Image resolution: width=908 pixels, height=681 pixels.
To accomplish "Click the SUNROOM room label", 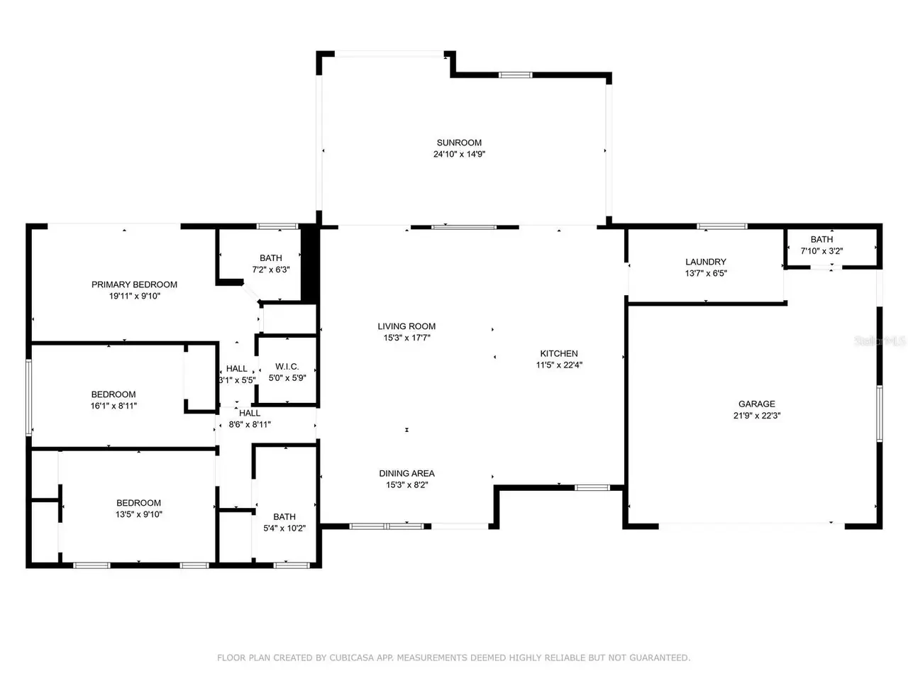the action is pos(459,143).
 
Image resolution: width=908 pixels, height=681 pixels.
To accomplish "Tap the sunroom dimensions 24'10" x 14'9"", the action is pos(459,154).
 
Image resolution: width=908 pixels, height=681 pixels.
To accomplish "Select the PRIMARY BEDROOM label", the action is pos(134,284).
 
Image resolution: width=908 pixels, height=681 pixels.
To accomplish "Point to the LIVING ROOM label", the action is pos(406,326).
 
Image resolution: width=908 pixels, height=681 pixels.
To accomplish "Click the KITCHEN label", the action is pos(558,353).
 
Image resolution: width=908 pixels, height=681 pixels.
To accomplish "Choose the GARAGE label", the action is pos(756,404).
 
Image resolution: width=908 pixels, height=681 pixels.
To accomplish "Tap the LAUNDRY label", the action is pos(705,262).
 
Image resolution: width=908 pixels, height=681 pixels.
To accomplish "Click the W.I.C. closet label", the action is pos(287,366).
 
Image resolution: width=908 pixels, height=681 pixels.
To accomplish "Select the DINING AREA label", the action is pos(406,473).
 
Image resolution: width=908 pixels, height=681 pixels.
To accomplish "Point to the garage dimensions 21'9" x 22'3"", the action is pos(756,416).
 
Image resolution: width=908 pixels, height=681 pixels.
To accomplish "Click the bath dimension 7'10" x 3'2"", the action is pos(821,251).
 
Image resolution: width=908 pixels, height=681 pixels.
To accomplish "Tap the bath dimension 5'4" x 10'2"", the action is pos(284,528).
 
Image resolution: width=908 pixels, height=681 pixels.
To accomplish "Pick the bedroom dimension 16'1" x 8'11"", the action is pos(113,406).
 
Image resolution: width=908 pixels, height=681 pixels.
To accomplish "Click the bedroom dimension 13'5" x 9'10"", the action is pos(138,514).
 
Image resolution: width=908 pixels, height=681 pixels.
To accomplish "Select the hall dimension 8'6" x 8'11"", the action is pos(250,424).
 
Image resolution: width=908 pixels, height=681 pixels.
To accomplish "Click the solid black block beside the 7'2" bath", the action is pos(309,263).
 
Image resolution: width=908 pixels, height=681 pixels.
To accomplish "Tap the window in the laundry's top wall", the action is pos(721,226).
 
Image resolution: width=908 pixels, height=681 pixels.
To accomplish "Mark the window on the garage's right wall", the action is pos(879,413).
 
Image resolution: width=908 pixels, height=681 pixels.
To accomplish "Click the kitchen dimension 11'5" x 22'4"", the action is pos(559,365).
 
